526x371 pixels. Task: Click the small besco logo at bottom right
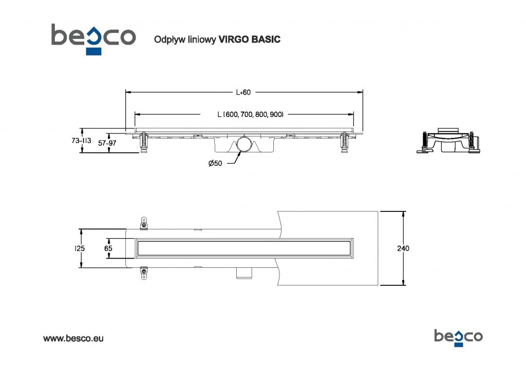click(458, 337)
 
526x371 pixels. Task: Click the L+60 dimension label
click(243, 92)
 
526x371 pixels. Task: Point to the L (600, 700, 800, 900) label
click(251, 114)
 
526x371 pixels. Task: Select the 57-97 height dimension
click(107, 143)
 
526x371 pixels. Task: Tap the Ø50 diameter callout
click(216, 163)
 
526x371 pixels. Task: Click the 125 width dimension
click(80, 248)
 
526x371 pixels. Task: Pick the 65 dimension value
click(108, 248)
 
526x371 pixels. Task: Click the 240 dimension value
click(403, 248)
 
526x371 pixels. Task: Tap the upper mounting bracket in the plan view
click(144, 224)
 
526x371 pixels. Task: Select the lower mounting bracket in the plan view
click(144, 272)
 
